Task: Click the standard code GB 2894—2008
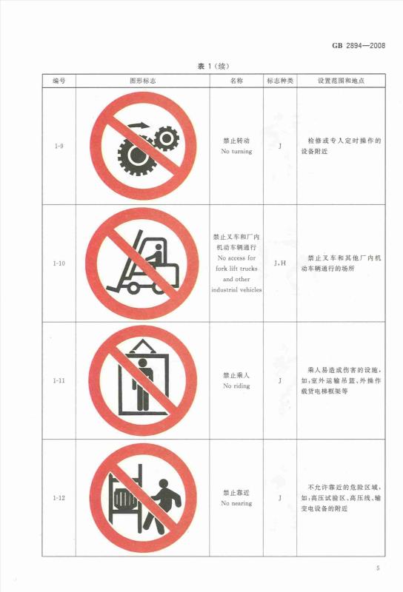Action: coord(359,46)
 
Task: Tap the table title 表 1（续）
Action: coord(213,67)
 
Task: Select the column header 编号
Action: coord(59,81)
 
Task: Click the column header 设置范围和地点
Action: coord(341,81)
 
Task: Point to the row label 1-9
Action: coord(59,146)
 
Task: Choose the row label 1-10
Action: coord(59,263)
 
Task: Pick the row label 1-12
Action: coord(59,498)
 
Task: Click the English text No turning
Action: coord(236,152)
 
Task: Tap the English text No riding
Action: coord(236,386)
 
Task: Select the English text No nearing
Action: coord(236,503)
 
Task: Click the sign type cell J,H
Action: coord(280,263)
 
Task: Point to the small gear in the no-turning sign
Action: coord(166,138)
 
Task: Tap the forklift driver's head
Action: coord(159,247)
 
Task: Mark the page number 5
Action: coord(378,568)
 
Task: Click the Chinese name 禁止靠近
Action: coord(236,493)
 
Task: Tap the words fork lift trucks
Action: coord(236,269)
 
